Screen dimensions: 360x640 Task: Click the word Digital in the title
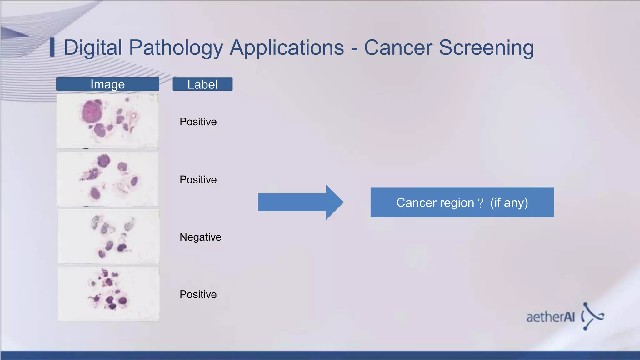(x=93, y=48)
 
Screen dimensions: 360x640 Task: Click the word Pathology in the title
(x=176, y=48)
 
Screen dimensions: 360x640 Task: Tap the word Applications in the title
(x=287, y=48)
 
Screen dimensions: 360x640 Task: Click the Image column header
(x=107, y=84)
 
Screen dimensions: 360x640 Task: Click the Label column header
(x=202, y=84)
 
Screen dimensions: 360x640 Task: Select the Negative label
(x=200, y=237)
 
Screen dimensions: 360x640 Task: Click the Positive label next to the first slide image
(x=198, y=122)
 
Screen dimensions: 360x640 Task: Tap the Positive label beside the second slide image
(x=198, y=180)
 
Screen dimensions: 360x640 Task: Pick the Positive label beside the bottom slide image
(x=198, y=294)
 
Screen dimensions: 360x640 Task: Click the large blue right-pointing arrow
(x=300, y=202)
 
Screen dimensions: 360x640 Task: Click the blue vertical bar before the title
(x=52, y=47)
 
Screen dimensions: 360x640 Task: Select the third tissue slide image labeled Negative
(x=108, y=237)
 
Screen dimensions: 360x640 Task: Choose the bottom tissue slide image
(x=108, y=294)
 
